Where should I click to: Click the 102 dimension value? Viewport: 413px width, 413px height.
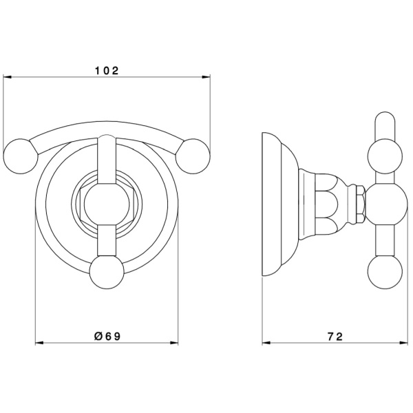[107, 71]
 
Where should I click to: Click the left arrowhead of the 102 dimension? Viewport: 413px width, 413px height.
[7, 77]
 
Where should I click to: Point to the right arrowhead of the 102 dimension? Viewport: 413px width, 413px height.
[206, 77]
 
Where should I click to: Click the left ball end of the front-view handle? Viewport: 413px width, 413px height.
[21, 156]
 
